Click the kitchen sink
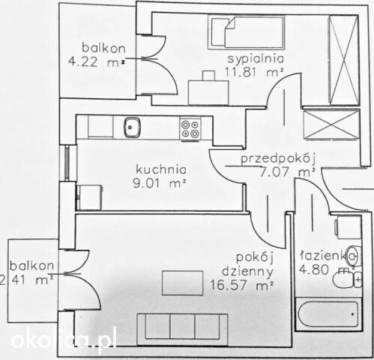(x=132, y=127)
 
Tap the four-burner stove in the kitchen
(x=190, y=129)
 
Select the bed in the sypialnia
(x=247, y=32)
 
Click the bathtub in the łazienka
(x=328, y=314)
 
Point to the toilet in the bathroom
(x=347, y=279)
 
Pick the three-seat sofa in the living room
(x=182, y=329)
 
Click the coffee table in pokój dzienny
(x=183, y=283)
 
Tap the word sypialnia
(x=256, y=59)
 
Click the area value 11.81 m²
(x=254, y=72)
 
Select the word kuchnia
(x=161, y=169)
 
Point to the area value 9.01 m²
(x=159, y=184)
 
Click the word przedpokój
(x=278, y=159)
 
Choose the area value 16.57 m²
(x=241, y=285)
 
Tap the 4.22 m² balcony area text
(x=97, y=61)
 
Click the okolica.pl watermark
(x=64, y=340)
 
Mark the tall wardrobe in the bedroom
(x=344, y=60)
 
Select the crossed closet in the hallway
(x=331, y=125)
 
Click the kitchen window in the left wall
(x=67, y=163)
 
